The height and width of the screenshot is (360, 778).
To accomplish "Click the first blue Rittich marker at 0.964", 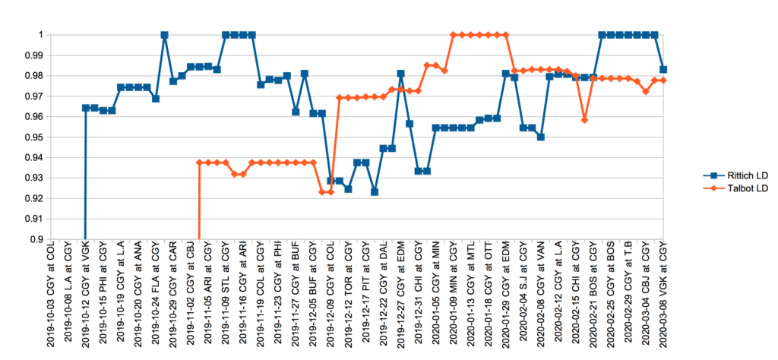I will click(x=85, y=108).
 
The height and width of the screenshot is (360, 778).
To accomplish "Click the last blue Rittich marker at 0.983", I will click(x=663, y=70).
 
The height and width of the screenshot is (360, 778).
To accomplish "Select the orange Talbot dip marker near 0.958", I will click(x=584, y=120).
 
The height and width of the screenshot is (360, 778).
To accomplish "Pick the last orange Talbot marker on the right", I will click(x=663, y=80).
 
